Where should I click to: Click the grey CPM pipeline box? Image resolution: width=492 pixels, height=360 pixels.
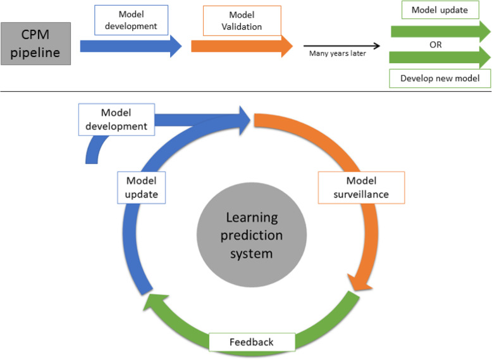pyautogui.click(x=35, y=44)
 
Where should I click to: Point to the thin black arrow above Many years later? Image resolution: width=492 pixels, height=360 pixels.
pyautogui.click(x=341, y=46)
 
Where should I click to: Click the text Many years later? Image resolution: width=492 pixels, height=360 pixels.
pyautogui.click(x=337, y=54)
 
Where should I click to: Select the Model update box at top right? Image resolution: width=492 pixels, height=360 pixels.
pyautogui.click(x=440, y=10)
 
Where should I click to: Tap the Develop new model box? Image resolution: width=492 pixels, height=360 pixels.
pyautogui.click(x=440, y=79)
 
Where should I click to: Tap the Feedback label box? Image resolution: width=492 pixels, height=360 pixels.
pyautogui.click(x=252, y=342)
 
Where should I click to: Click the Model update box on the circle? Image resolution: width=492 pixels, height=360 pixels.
pyautogui.click(x=142, y=187)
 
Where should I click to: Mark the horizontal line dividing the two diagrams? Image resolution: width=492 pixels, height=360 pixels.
pyautogui.click(x=245, y=91)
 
